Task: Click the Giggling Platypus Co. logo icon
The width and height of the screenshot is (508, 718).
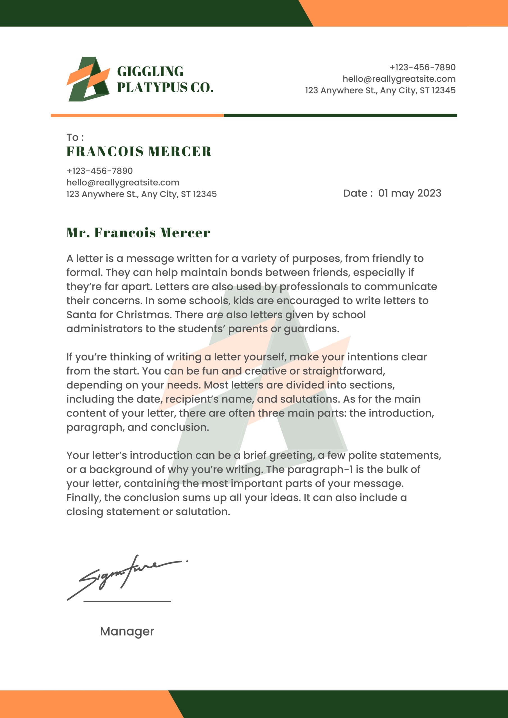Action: [88, 79]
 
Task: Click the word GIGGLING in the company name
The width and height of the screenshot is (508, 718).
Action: [150, 71]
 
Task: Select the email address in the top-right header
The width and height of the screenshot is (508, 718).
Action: [399, 79]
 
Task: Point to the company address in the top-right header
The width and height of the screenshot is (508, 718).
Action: [380, 90]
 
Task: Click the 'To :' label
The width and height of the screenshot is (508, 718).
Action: [75, 137]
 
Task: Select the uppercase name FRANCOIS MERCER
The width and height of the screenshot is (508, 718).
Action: [139, 152]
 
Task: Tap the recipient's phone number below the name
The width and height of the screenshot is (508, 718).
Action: [100, 171]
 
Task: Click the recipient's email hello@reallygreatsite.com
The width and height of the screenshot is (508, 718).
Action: [123, 182]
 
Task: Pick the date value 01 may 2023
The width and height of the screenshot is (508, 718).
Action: [409, 193]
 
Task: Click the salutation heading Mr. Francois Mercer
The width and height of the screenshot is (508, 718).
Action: [138, 233]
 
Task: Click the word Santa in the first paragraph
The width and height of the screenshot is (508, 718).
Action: [81, 315]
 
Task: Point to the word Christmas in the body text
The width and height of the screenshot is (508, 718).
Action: [144, 315]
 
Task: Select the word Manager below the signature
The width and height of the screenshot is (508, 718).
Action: [127, 631]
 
